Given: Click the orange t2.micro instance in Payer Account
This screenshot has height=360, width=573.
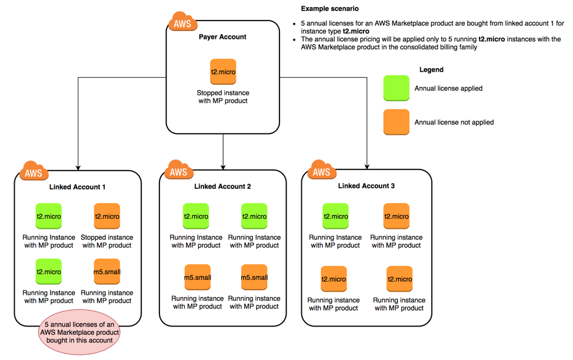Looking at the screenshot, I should point(223,72).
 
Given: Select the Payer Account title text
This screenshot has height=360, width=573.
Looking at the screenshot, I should point(222,37).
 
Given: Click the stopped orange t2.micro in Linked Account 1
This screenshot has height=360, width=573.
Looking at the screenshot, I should point(107,216).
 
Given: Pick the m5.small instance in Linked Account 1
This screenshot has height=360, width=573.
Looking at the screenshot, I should point(107,272).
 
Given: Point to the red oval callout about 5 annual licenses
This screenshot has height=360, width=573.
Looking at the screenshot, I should point(79,332).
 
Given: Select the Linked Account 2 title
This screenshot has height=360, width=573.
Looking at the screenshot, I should point(222,186).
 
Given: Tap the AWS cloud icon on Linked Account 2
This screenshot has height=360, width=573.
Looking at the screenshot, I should point(178,171).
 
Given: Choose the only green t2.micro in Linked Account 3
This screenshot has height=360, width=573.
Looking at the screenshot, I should point(335,216).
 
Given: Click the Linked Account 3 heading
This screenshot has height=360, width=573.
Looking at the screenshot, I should point(366,186).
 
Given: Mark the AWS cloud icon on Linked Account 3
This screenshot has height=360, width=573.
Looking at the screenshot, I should point(321,171).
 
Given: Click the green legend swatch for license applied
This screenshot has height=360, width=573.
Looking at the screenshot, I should point(396,88).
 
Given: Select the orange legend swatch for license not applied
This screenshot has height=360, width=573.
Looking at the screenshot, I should point(396,122).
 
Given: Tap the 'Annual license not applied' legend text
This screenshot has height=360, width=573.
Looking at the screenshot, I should point(454,122).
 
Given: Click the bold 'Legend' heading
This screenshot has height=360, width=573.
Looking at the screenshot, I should point(431,69).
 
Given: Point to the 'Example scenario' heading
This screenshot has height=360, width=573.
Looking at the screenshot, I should point(329,9).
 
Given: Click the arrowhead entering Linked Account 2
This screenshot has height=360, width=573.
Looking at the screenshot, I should point(223,166).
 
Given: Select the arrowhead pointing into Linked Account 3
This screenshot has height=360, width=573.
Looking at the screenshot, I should point(367,166).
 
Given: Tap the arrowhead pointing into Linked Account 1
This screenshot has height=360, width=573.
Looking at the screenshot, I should point(78,167).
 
